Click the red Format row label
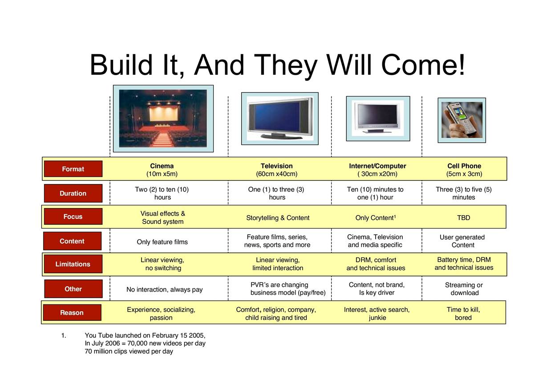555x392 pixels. [73, 169]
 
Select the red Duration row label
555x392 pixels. [73, 193]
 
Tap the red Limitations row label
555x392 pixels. [73, 264]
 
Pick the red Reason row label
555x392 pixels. [72, 312]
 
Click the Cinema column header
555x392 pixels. [162, 170]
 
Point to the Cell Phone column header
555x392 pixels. [464, 170]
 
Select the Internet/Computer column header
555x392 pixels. [377, 170]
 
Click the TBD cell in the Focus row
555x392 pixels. [464, 218]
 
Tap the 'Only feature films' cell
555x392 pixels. [162, 242]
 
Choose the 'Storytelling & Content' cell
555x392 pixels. [278, 218]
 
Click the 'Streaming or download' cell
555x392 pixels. [464, 289]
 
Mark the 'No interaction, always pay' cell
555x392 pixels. [165, 289]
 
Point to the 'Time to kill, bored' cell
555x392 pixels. [463, 313]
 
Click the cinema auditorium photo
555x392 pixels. [163, 119]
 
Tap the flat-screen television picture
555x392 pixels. [280, 119]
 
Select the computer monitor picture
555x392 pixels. [378, 119]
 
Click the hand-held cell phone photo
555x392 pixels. [462, 120]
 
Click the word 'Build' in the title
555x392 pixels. [122, 65]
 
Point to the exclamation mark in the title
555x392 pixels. [461, 64]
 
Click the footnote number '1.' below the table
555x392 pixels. [64, 335]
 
